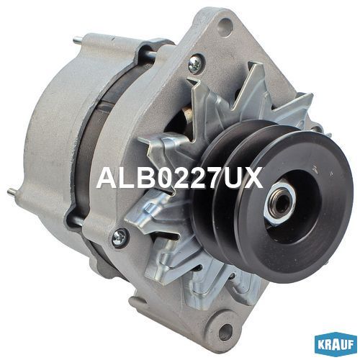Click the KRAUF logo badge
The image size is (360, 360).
pos(335,344)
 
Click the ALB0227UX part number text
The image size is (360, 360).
pos(179,179)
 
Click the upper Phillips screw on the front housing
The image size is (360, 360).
pos(194,63)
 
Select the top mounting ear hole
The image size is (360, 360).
pos(225,28)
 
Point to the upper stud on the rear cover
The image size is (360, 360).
pos(77,39)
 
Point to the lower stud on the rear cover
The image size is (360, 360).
pos(13,192)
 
